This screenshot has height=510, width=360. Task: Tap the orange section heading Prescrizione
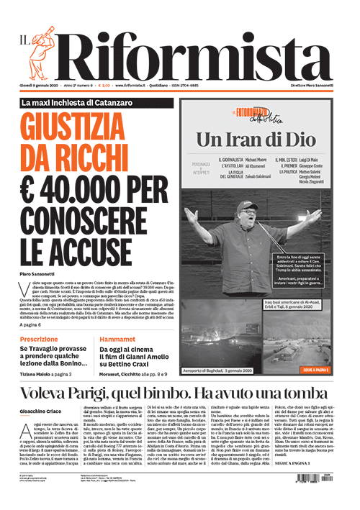[40, 338]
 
